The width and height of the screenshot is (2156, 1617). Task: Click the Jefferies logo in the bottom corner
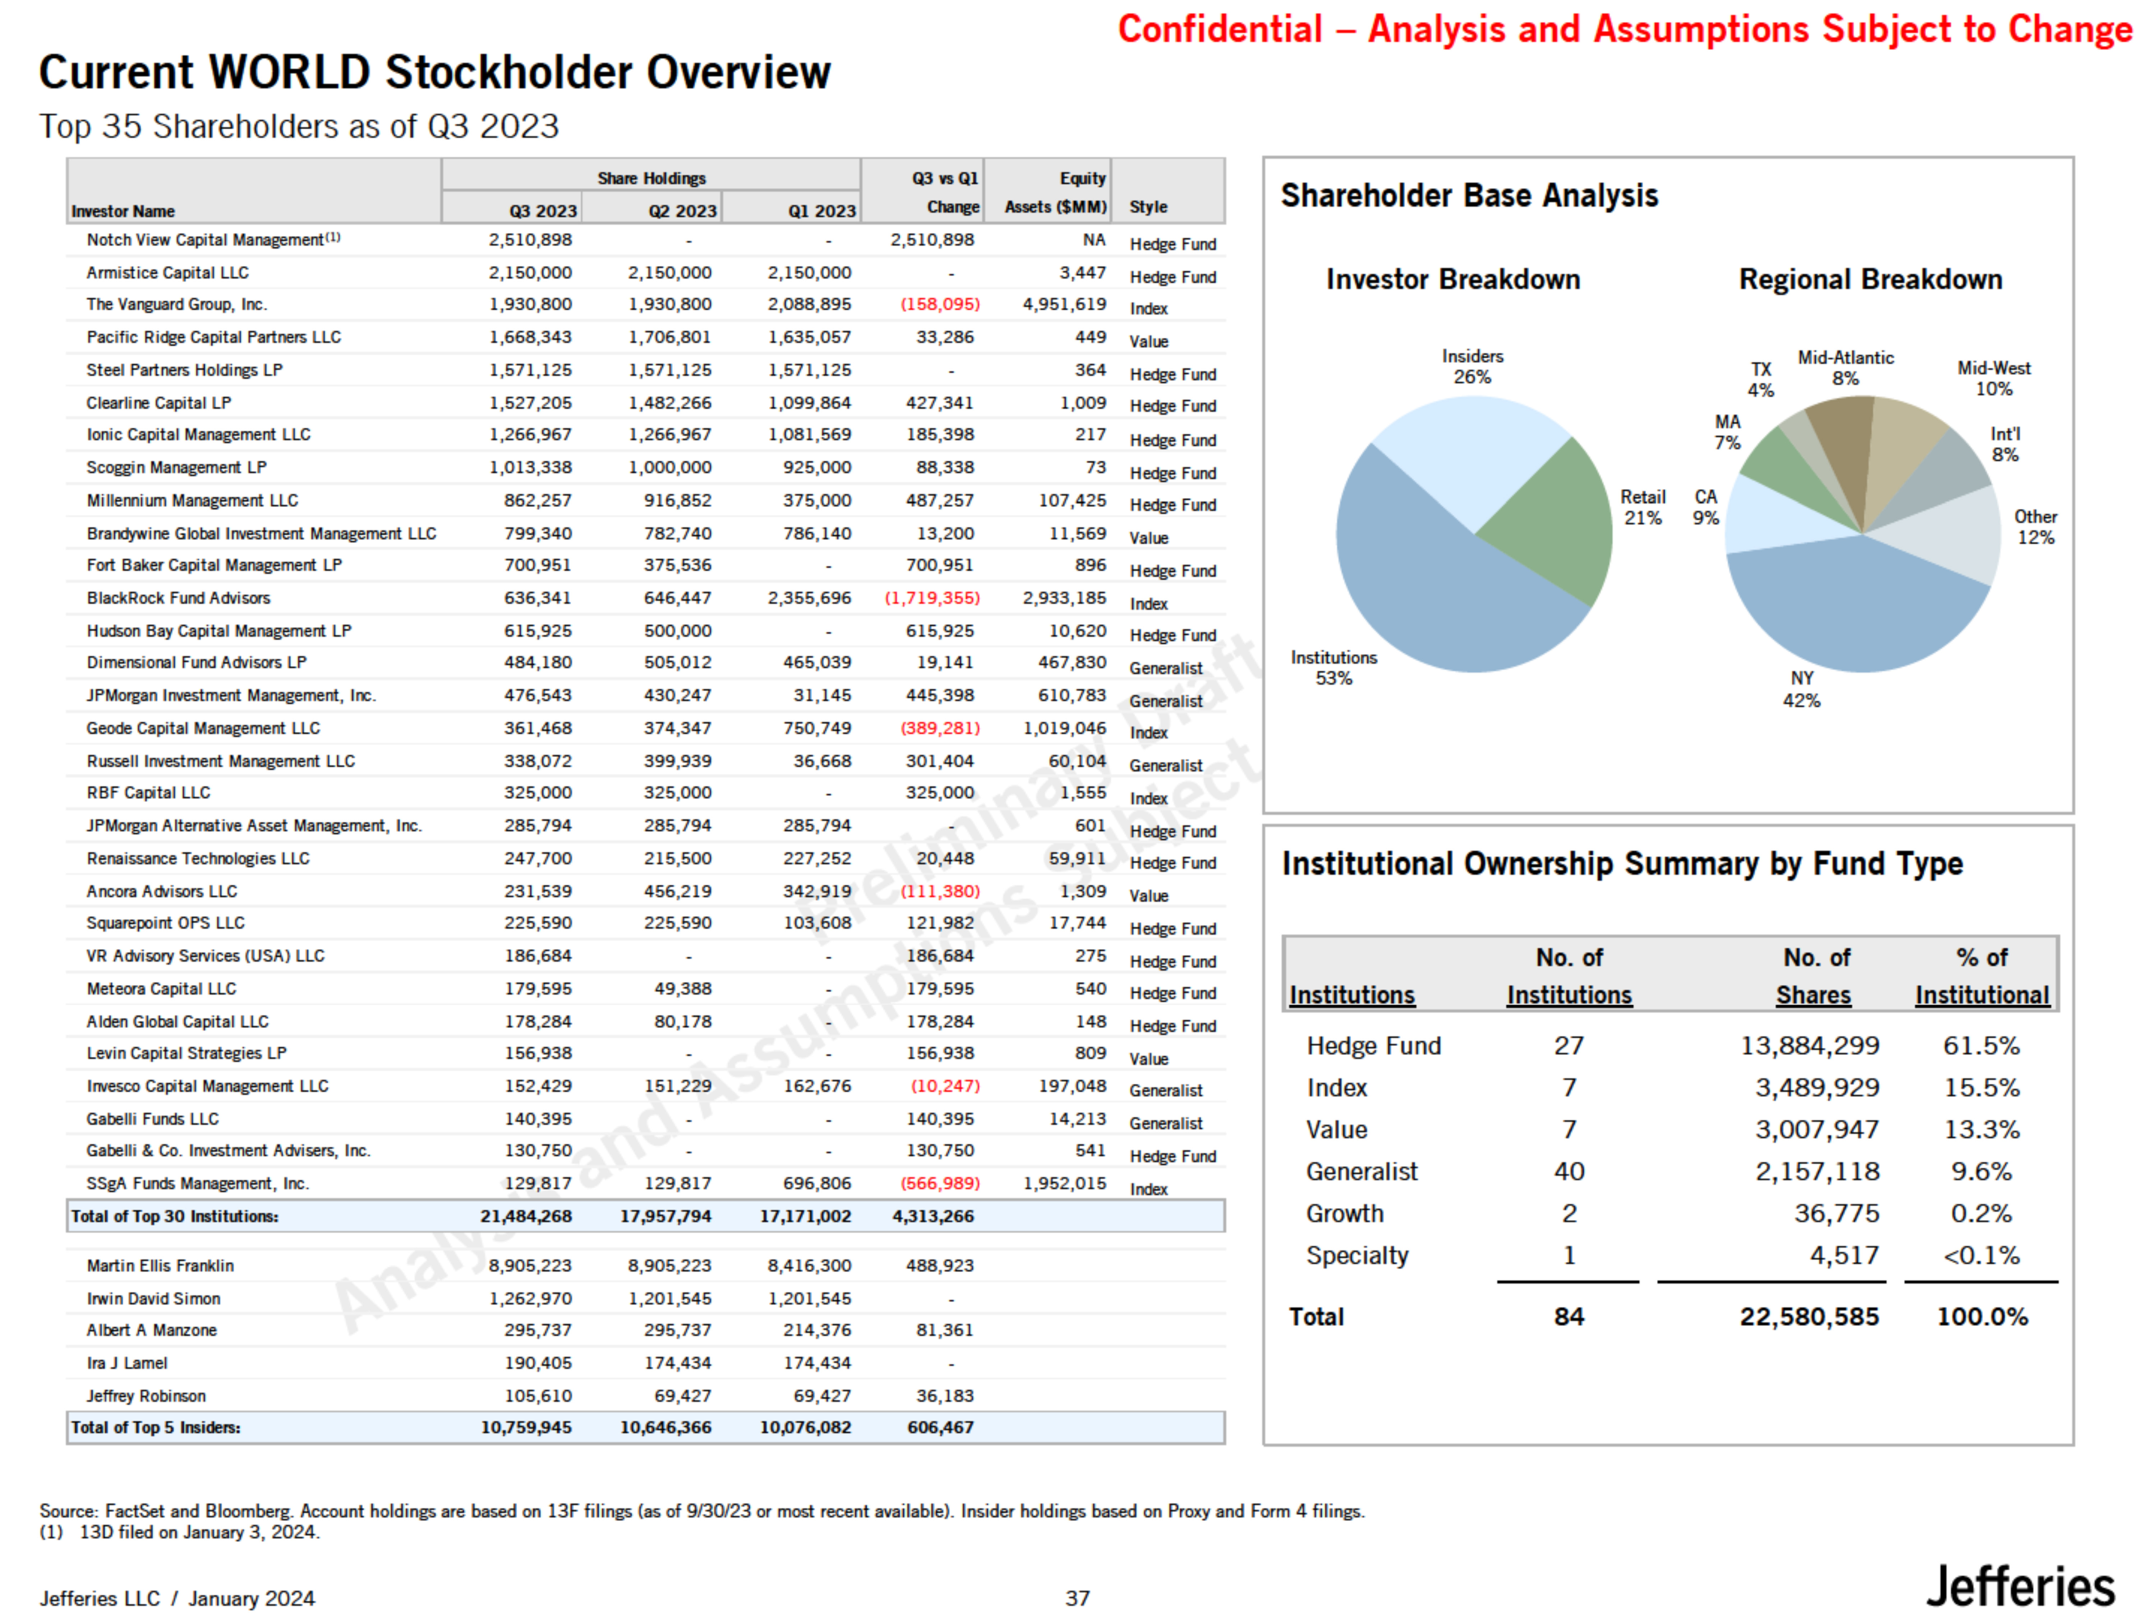click(x=2019, y=1587)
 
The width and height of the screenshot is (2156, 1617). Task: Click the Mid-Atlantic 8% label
click(x=1845, y=368)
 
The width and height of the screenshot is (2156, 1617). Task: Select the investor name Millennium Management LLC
click(x=192, y=500)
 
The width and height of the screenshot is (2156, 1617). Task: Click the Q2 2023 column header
click(x=682, y=211)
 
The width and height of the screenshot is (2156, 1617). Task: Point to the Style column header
click(x=1148, y=207)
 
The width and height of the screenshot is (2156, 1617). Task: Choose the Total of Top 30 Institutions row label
click(x=175, y=1216)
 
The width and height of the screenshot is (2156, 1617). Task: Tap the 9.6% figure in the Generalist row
click(x=1981, y=1171)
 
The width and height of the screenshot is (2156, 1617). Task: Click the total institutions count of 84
click(x=1568, y=1317)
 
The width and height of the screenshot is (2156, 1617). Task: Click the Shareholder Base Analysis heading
click(x=1469, y=196)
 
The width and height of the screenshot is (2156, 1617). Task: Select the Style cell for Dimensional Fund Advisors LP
click(x=1166, y=668)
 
